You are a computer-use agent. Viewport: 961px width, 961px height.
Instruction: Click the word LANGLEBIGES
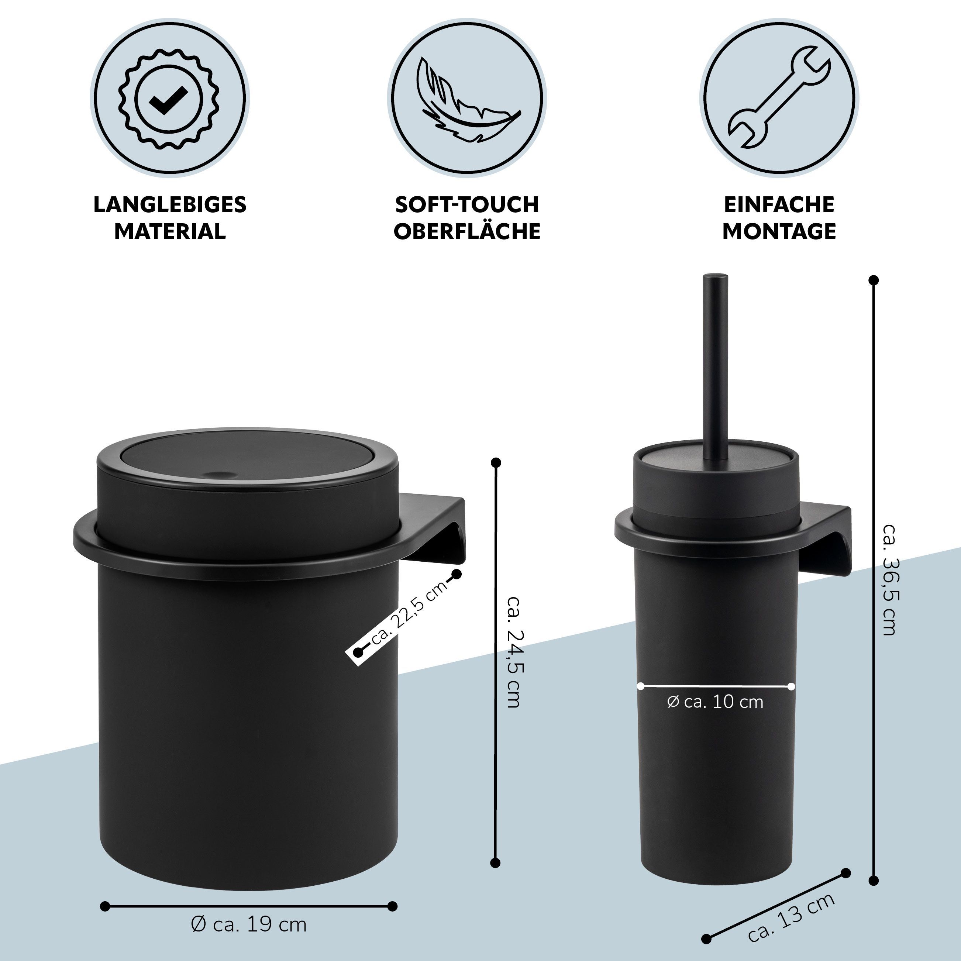(x=170, y=205)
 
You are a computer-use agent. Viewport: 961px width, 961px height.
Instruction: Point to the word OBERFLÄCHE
(x=467, y=231)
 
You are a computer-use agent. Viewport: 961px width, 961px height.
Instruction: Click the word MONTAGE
(x=779, y=232)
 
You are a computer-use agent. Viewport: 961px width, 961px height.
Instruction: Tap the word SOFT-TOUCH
(x=467, y=205)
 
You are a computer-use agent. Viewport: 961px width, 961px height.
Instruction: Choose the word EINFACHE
(x=779, y=205)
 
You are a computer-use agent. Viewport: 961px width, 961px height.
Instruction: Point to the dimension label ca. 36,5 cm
(x=889, y=579)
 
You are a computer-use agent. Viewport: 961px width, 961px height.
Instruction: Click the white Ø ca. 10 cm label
(x=715, y=702)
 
